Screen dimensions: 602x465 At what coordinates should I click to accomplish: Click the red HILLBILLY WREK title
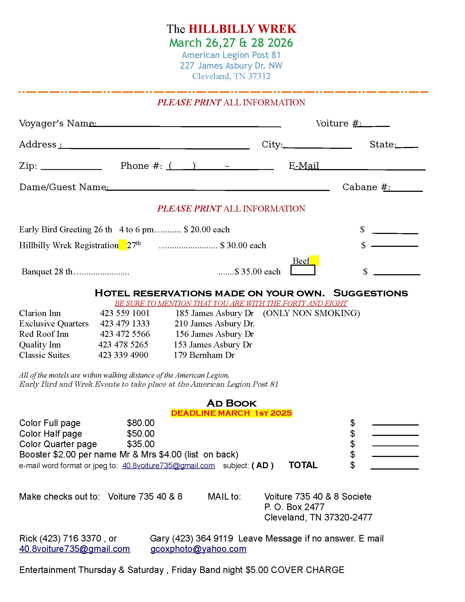pos(242,29)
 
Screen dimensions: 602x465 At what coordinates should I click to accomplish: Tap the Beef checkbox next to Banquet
pos(303,270)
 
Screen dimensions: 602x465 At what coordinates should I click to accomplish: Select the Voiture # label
pos(338,123)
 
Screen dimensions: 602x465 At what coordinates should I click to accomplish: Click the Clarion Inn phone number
pos(125,313)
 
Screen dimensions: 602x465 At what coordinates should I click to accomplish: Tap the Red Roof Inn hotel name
pos(44,334)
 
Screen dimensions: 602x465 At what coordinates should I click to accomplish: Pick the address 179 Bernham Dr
pos(204,355)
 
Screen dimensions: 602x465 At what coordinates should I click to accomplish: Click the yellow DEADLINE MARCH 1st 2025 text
pos(231,413)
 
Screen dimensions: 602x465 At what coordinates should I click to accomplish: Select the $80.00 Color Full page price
pos(141,423)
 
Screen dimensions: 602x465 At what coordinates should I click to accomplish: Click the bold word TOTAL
pos(303,465)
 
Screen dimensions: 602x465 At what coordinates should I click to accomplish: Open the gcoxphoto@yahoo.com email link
pos(198,549)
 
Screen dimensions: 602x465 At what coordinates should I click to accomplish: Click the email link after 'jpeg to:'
pos(168,466)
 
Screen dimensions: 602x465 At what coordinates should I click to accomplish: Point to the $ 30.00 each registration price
pos(243,245)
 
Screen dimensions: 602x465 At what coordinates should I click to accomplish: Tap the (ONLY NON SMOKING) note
pos(311,313)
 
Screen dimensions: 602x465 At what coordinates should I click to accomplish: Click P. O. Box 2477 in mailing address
pos(294,507)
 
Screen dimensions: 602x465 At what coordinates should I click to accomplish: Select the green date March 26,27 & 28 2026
pos(231,43)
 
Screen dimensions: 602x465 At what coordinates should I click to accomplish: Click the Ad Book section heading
pos(231,403)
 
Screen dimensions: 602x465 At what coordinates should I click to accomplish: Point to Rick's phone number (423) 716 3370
pos(71,538)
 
